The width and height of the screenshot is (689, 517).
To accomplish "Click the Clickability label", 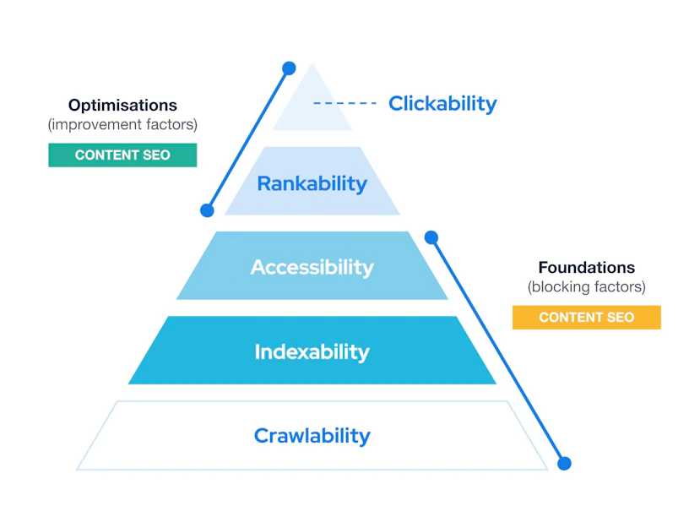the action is [x=442, y=104].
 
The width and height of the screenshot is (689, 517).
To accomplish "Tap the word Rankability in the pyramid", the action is [x=312, y=184].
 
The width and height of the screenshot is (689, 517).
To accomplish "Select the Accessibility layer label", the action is [x=312, y=267].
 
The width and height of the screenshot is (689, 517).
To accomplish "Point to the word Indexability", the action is [x=312, y=351].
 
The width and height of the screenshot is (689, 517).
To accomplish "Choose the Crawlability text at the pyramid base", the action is [x=312, y=436].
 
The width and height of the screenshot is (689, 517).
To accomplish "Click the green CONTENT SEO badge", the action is [x=122, y=155].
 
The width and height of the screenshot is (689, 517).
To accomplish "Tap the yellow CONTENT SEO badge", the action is [x=587, y=318].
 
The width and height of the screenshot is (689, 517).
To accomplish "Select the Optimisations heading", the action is [x=122, y=105].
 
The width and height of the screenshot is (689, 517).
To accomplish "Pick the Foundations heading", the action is [x=587, y=267].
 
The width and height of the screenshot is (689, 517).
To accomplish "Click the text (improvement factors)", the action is [x=122, y=125].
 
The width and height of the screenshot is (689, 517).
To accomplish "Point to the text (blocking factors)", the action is [x=587, y=287].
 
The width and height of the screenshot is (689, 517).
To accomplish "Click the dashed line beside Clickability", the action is [x=344, y=103].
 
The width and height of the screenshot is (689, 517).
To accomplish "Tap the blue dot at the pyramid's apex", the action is [x=289, y=68].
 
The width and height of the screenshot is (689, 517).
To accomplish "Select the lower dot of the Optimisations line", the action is [x=207, y=210].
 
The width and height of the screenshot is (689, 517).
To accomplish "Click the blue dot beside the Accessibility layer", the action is [x=431, y=237].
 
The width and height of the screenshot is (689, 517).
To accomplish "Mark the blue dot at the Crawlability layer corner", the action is [x=564, y=464].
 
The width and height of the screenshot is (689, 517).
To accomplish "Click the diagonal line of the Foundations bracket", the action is [x=498, y=351].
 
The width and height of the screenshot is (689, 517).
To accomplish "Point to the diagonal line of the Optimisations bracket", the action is [x=248, y=139].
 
